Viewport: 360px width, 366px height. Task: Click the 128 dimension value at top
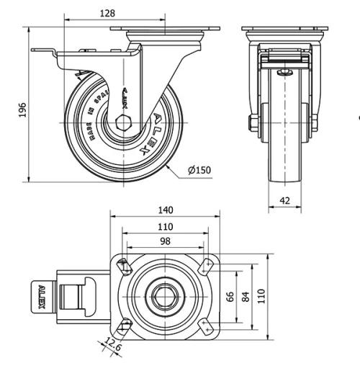point(107,14)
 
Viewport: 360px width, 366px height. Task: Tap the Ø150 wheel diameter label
point(199,170)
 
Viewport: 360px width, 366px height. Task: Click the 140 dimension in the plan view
point(166,210)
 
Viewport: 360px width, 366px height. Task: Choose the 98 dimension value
point(166,242)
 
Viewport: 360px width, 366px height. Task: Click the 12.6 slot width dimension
point(112,344)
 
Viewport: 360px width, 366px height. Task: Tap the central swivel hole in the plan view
point(165,295)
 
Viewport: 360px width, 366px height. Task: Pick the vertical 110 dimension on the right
point(263,295)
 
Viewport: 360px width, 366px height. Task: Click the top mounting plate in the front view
point(285,30)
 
